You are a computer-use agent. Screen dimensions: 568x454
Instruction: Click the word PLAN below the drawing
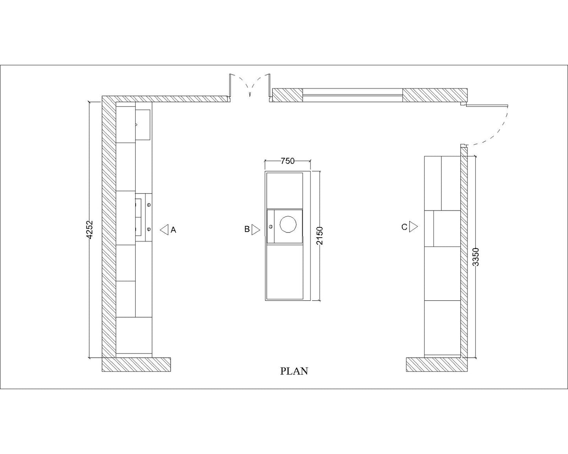pyautogui.click(x=294, y=371)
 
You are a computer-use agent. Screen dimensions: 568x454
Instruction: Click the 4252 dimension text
pyautogui.click(x=90, y=230)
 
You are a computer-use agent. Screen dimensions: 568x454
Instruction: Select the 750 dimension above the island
pyautogui.click(x=287, y=161)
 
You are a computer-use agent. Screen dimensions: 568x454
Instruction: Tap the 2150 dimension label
pyautogui.click(x=320, y=236)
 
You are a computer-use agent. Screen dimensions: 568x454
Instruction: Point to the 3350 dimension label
pyautogui.click(x=475, y=257)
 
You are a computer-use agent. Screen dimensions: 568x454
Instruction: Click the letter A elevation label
pyautogui.click(x=173, y=230)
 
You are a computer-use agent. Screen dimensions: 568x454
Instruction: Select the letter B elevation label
pyautogui.click(x=247, y=229)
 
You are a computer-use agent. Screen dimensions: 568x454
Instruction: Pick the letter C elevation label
pyautogui.click(x=404, y=227)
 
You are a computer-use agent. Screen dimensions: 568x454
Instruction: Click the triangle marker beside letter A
pyautogui.click(x=164, y=230)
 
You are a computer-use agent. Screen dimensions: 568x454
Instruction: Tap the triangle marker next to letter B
pyautogui.click(x=256, y=229)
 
